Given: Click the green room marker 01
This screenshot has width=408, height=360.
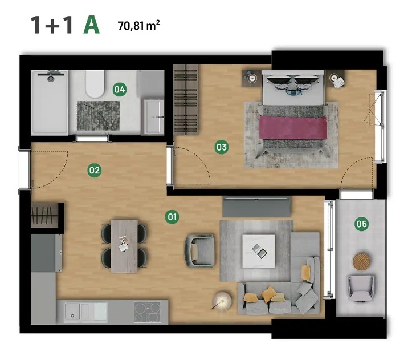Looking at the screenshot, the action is [x=172, y=217].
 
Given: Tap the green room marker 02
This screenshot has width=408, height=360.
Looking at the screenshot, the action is [x=95, y=171].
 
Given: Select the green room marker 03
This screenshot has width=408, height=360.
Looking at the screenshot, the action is [x=222, y=147].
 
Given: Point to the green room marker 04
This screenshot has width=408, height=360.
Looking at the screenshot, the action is [x=120, y=90].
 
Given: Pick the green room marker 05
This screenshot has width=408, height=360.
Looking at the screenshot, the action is [x=362, y=224].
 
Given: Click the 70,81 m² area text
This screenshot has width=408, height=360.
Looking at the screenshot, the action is [x=138, y=26].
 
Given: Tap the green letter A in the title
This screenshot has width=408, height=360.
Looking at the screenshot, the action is [x=91, y=26].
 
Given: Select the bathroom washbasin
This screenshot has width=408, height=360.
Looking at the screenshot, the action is [x=154, y=116].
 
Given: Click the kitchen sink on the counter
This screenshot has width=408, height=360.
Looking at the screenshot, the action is [x=86, y=312].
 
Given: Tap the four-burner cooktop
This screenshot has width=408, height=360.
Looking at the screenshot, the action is [x=147, y=312].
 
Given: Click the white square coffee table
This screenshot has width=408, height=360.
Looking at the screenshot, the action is [x=258, y=252].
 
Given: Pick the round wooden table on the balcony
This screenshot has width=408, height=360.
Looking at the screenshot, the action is [x=362, y=261].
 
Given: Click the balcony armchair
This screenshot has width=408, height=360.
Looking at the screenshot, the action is [x=361, y=288].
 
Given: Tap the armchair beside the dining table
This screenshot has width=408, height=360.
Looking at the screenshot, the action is [x=199, y=251].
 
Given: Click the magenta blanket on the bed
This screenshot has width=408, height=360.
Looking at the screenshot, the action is [x=293, y=128].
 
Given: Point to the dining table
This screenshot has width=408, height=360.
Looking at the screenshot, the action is [x=124, y=246].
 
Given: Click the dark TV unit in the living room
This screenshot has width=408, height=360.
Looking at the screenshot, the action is [x=256, y=207].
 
